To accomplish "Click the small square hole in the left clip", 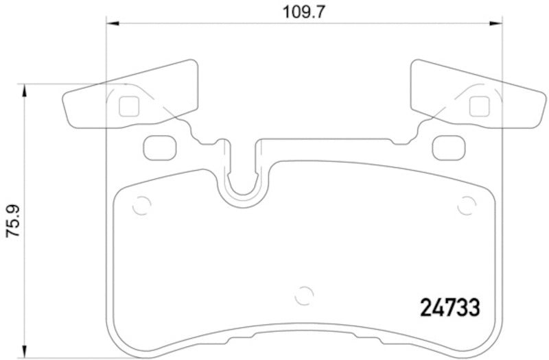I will coord(128,106).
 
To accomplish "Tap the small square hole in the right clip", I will coord(479,106).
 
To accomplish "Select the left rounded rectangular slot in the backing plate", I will coord(160,146).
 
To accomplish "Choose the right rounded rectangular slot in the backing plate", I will coord(448,146).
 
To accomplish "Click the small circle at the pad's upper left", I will coord(141,205).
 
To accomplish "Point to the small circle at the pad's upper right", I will coord(467,205).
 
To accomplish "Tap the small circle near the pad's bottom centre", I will coord(303,296).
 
